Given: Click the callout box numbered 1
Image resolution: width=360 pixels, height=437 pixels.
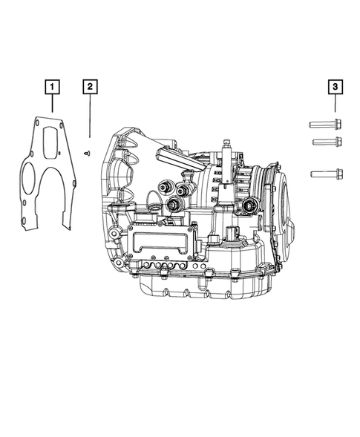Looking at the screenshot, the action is (52, 87).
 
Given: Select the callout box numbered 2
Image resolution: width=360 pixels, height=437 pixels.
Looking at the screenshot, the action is (90, 87).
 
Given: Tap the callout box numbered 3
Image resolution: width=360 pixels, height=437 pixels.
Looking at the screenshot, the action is (336, 87).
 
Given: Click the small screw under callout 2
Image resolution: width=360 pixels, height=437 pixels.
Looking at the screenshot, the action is (88, 153).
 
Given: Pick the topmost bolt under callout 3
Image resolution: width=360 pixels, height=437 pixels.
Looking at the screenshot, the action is (325, 124).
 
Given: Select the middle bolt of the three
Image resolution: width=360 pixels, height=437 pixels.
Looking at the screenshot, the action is (327, 142).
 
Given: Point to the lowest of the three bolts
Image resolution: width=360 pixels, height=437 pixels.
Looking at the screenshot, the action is (327, 174).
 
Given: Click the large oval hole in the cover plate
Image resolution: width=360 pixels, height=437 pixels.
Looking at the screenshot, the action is (28, 178).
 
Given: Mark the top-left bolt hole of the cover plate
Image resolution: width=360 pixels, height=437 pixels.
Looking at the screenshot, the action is (37, 122).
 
